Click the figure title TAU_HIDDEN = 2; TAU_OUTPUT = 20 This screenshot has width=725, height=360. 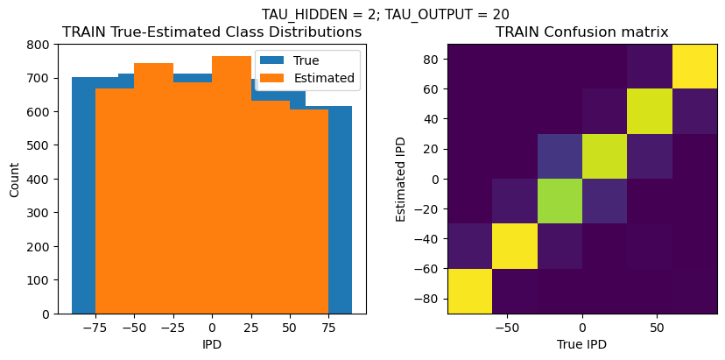[x=385, y=14]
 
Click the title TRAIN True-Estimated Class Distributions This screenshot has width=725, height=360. [x=212, y=32]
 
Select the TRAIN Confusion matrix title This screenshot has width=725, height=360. [x=582, y=32]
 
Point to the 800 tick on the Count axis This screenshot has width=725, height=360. [x=40, y=44]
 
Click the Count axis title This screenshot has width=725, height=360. [x=13, y=179]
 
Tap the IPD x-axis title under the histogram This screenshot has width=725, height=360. [x=212, y=344]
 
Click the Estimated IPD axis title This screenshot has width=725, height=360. [x=401, y=179]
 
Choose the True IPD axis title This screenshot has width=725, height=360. [x=582, y=344]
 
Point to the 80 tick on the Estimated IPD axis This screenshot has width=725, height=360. [x=430, y=60]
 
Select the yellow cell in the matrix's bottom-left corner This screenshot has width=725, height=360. [x=469, y=291]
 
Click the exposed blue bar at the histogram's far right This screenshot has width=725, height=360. [x=341, y=209]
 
